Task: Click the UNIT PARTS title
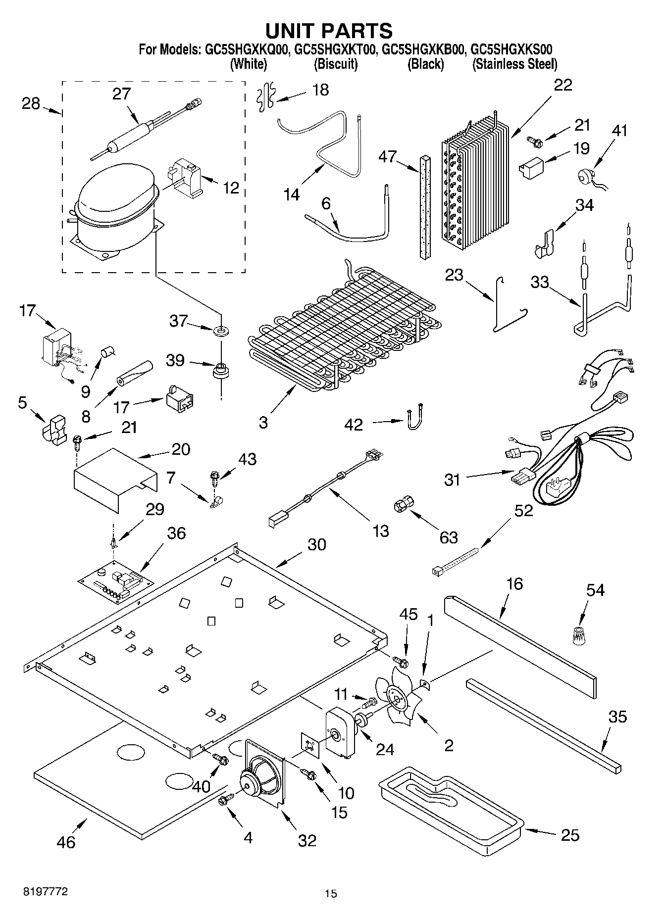[329, 31]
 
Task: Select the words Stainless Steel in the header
[515, 64]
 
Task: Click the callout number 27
[121, 94]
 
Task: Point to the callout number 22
[563, 85]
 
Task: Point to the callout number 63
[449, 537]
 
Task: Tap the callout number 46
[66, 842]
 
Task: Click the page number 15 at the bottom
[331, 893]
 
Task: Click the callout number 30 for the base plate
[317, 544]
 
